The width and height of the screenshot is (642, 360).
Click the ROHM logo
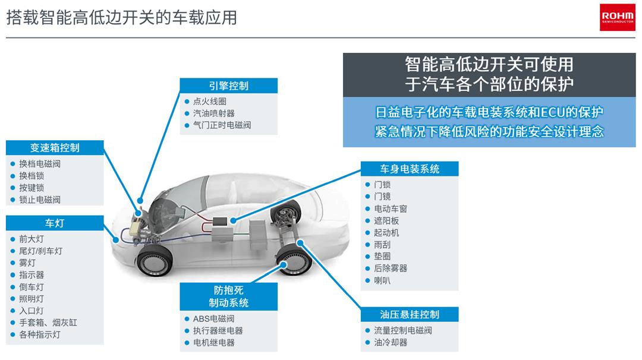(618, 17)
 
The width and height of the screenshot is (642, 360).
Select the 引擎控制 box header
(228, 86)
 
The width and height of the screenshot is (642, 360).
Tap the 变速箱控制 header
(55, 148)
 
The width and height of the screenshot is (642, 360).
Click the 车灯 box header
(55, 223)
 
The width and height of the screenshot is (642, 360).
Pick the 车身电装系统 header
(410, 169)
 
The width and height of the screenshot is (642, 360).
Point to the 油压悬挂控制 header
(410, 314)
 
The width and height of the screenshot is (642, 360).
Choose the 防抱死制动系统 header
(228, 296)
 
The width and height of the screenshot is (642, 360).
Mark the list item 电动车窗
(390, 209)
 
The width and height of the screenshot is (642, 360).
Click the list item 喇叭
(382, 280)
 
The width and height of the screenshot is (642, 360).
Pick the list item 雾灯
(27, 263)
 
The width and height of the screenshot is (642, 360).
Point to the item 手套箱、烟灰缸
(48, 323)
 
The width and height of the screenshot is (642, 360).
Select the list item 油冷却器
(390, 342)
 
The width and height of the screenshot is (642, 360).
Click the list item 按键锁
(32, 188)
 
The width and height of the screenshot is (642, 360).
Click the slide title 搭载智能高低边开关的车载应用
(122, 17)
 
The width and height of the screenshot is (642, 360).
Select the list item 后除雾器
(390, 269)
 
